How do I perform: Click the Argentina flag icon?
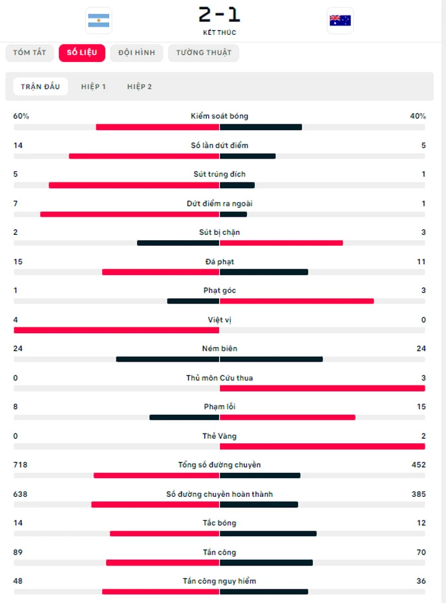pos(98,21)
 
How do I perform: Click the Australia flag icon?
pos(340,21)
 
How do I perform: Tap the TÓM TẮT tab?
pos(30,52)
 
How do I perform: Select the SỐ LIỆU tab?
pos(81,52)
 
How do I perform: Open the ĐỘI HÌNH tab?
pos(136,52)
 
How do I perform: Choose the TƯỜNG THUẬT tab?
pos(204,52)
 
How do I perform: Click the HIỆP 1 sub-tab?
pos(94,86)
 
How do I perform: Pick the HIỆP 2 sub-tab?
pos(140,86)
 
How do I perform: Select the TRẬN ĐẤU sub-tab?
pos(40,86)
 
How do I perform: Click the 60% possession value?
pos(21,116)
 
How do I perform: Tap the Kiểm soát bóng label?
pos(220,116)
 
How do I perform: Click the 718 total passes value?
pos(21,465)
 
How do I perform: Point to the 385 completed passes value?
pos(418,494)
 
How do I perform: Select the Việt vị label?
pos(220,320)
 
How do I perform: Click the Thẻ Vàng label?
pos(220,436)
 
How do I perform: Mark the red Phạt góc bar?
pos(297,301)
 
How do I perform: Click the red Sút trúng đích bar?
pos(134,185)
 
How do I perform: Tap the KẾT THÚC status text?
pos(220,32)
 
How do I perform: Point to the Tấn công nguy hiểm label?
pos(220,581)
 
